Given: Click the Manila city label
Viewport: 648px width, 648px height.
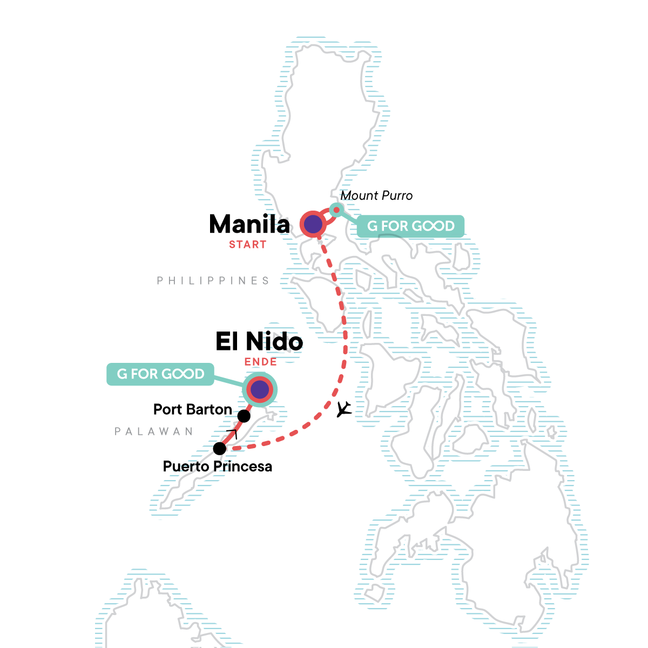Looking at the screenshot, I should tap(249, 225).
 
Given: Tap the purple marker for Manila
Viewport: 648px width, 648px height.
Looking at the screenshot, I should tap(313, 224).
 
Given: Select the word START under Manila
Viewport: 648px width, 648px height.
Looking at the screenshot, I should tap(247, 245).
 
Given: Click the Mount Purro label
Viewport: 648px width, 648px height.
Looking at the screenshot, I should tap(376, 195).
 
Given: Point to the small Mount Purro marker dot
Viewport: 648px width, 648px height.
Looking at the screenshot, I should tap(336, 210).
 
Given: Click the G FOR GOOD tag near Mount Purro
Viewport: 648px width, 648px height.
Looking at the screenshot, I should tap(411, 226).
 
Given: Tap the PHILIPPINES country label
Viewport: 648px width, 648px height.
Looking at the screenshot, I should tap(213, 281).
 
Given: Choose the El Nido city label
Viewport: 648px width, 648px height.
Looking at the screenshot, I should tap(259, 341).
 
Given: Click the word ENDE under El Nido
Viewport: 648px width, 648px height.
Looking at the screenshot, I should tap(261, 362).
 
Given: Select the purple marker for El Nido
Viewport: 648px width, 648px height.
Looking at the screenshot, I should tap(260, 389).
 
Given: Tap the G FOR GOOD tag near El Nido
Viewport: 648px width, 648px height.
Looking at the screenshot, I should tap(160, 374).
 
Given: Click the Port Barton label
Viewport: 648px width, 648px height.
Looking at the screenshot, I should tap(193, 409).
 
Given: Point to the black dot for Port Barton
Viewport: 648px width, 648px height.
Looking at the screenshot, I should tap(244, 416).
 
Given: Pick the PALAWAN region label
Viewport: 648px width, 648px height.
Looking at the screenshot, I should tap(154, 431).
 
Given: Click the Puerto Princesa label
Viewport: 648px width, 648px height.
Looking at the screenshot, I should tap(218, 467).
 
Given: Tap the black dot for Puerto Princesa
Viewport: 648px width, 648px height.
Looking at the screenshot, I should tap(220, 448).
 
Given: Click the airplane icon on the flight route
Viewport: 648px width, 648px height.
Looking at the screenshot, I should tap(344, 409).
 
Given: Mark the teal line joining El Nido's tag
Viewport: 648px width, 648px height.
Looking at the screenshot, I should tap(230, 381).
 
